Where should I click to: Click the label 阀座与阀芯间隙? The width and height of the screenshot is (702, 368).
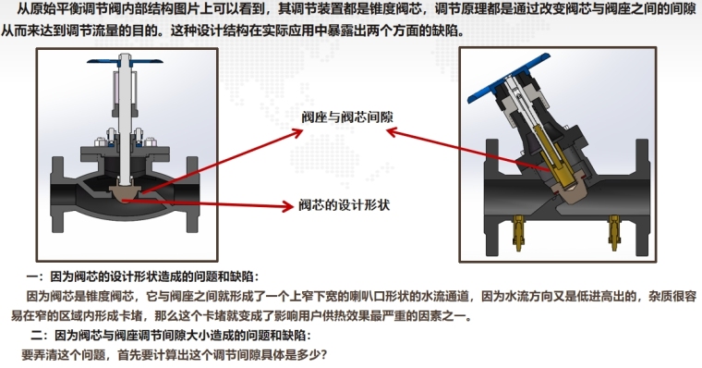click(347, 117)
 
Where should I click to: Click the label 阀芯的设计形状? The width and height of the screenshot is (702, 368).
click(345, 205)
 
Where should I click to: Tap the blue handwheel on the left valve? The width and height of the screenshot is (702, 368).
click(125, 61)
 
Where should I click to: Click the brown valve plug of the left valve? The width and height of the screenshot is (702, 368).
click(125, 192)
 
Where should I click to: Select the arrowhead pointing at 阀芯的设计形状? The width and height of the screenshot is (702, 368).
click(285, 206)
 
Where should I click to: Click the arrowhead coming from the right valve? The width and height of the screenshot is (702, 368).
click(393, 131)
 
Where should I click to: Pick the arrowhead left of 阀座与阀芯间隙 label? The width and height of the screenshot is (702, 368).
click(297, 132)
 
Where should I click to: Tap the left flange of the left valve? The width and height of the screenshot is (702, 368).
click(58, 194)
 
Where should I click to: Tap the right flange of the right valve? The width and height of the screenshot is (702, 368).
click(643, 196)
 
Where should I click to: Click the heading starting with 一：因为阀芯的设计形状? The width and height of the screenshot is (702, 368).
click(142, 276)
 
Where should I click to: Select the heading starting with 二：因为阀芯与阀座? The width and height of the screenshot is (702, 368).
click(171, 336)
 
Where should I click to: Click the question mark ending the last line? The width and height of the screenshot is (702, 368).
click(323, 355)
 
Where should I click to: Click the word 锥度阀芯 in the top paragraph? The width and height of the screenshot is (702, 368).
click(394, 9)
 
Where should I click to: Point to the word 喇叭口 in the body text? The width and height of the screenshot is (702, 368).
click(352, 296)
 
